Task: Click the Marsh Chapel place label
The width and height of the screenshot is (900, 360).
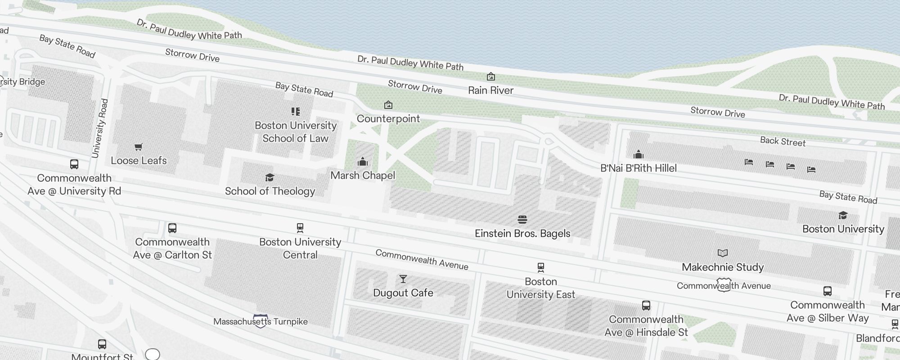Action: (x=363, y=175)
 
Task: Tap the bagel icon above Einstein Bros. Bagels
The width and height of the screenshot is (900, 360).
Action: (x=522, y=220)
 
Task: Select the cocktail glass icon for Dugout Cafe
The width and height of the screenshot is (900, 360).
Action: (x=403, y=279)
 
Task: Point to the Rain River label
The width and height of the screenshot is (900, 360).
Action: (x=490, y=90)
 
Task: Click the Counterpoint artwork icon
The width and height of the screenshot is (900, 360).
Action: (x=388, y=105)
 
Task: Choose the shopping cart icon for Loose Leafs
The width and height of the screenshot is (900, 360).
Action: (x=139, y=147)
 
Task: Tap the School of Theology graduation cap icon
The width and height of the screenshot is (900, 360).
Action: (x=270, y=178)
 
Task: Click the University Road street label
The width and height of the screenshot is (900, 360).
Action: (x=100, y=128)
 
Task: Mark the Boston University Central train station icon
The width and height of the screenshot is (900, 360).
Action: (x=300, y=228)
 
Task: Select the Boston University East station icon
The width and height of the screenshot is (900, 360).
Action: (x=541, y=268)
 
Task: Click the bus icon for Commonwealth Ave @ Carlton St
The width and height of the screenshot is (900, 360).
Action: (x=172, y=228)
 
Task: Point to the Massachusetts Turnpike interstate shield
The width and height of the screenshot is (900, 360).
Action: (x=261, y=321)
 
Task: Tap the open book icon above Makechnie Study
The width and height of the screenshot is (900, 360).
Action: (x=723, y=253)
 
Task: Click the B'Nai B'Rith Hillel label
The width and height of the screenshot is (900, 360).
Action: (x=639, y=168)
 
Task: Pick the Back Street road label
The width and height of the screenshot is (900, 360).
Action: (x=783, y=141)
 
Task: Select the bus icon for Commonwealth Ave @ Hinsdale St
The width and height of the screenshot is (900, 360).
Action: (x=646, y=306)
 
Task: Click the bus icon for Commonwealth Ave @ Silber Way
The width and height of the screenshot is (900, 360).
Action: (x=828, y=291)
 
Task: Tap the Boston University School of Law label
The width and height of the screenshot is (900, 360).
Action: (x=296, y=132)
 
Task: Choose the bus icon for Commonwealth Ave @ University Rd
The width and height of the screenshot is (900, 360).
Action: (x=74, y=164)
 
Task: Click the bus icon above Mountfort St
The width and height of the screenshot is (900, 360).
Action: (x=102, y=344)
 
